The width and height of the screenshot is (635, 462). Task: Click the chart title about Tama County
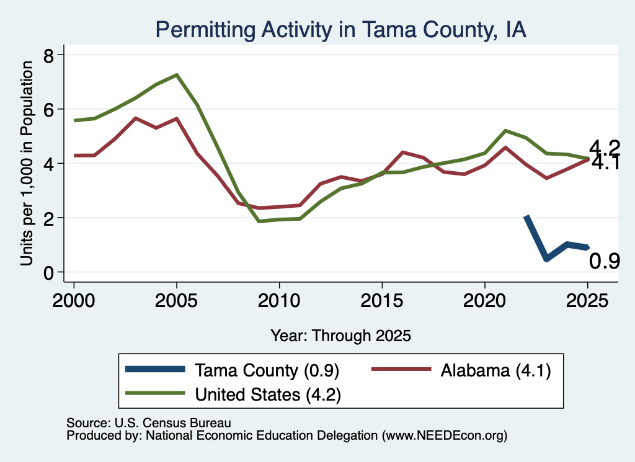pyautogui.click(x=340, y=30)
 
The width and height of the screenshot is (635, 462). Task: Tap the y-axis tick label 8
pyautogui.click(x=48, y=55)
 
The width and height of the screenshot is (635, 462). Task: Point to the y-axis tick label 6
pyautogui.click(x=48, y=109)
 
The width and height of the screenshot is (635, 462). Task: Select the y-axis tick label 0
pyautogui.click(x=48, y=272)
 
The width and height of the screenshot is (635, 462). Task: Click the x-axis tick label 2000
pyautogui.click(x=74, y=301)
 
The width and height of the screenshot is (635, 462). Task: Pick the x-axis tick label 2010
pyautogui.click(x=279, y=301)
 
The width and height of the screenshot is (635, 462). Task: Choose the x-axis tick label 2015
pyautogui.click(x=382, y=301)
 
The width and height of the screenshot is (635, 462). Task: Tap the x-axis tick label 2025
pyautogui.click(x=587, y=301)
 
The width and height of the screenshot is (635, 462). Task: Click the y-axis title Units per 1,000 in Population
pyautogui.click(x=26, y=163)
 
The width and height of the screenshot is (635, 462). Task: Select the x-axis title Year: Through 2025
pyautogui.click(x=340, y=335)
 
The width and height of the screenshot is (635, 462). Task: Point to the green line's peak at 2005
pyautogui.click(x=177, y=75)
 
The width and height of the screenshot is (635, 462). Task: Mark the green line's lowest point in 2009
pyautogui.click(x=259, y=221)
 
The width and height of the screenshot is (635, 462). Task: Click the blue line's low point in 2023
pyautogui.click(x=547, y=259)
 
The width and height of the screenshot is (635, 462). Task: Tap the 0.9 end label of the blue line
pyautogui.click(x=604, y=261)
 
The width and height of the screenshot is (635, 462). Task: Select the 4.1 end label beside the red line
pyautogui.click(x=606, y=162)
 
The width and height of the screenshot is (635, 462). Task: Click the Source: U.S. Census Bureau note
pyautogui.click(x=149, y=423)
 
